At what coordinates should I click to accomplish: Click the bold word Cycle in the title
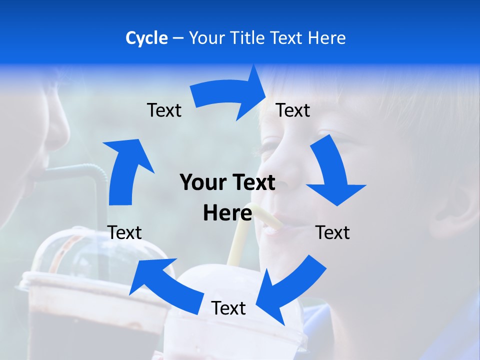pyautogui.click(x=146, y=38)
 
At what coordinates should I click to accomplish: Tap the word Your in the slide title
pyautogui.click(x=206, y=38)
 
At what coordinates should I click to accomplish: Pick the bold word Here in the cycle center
pyautogui.click(x=227, y=213)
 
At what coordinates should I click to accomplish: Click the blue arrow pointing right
pyautogui.click(x=230, y=95)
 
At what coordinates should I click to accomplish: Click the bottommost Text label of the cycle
pyautogui.click(x=228, y=308)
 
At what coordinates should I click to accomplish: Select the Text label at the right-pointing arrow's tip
pyautogui.click(x=293, y=110)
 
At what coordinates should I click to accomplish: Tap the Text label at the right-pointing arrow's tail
pyautogui.click(x=164, y=110)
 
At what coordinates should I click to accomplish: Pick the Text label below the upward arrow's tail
pyautogui.click(x=124, y=232)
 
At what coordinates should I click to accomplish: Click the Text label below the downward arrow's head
pyautogui.click(x=332, y=232)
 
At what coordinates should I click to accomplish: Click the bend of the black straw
pyautogui.click(x=92, y=172)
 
